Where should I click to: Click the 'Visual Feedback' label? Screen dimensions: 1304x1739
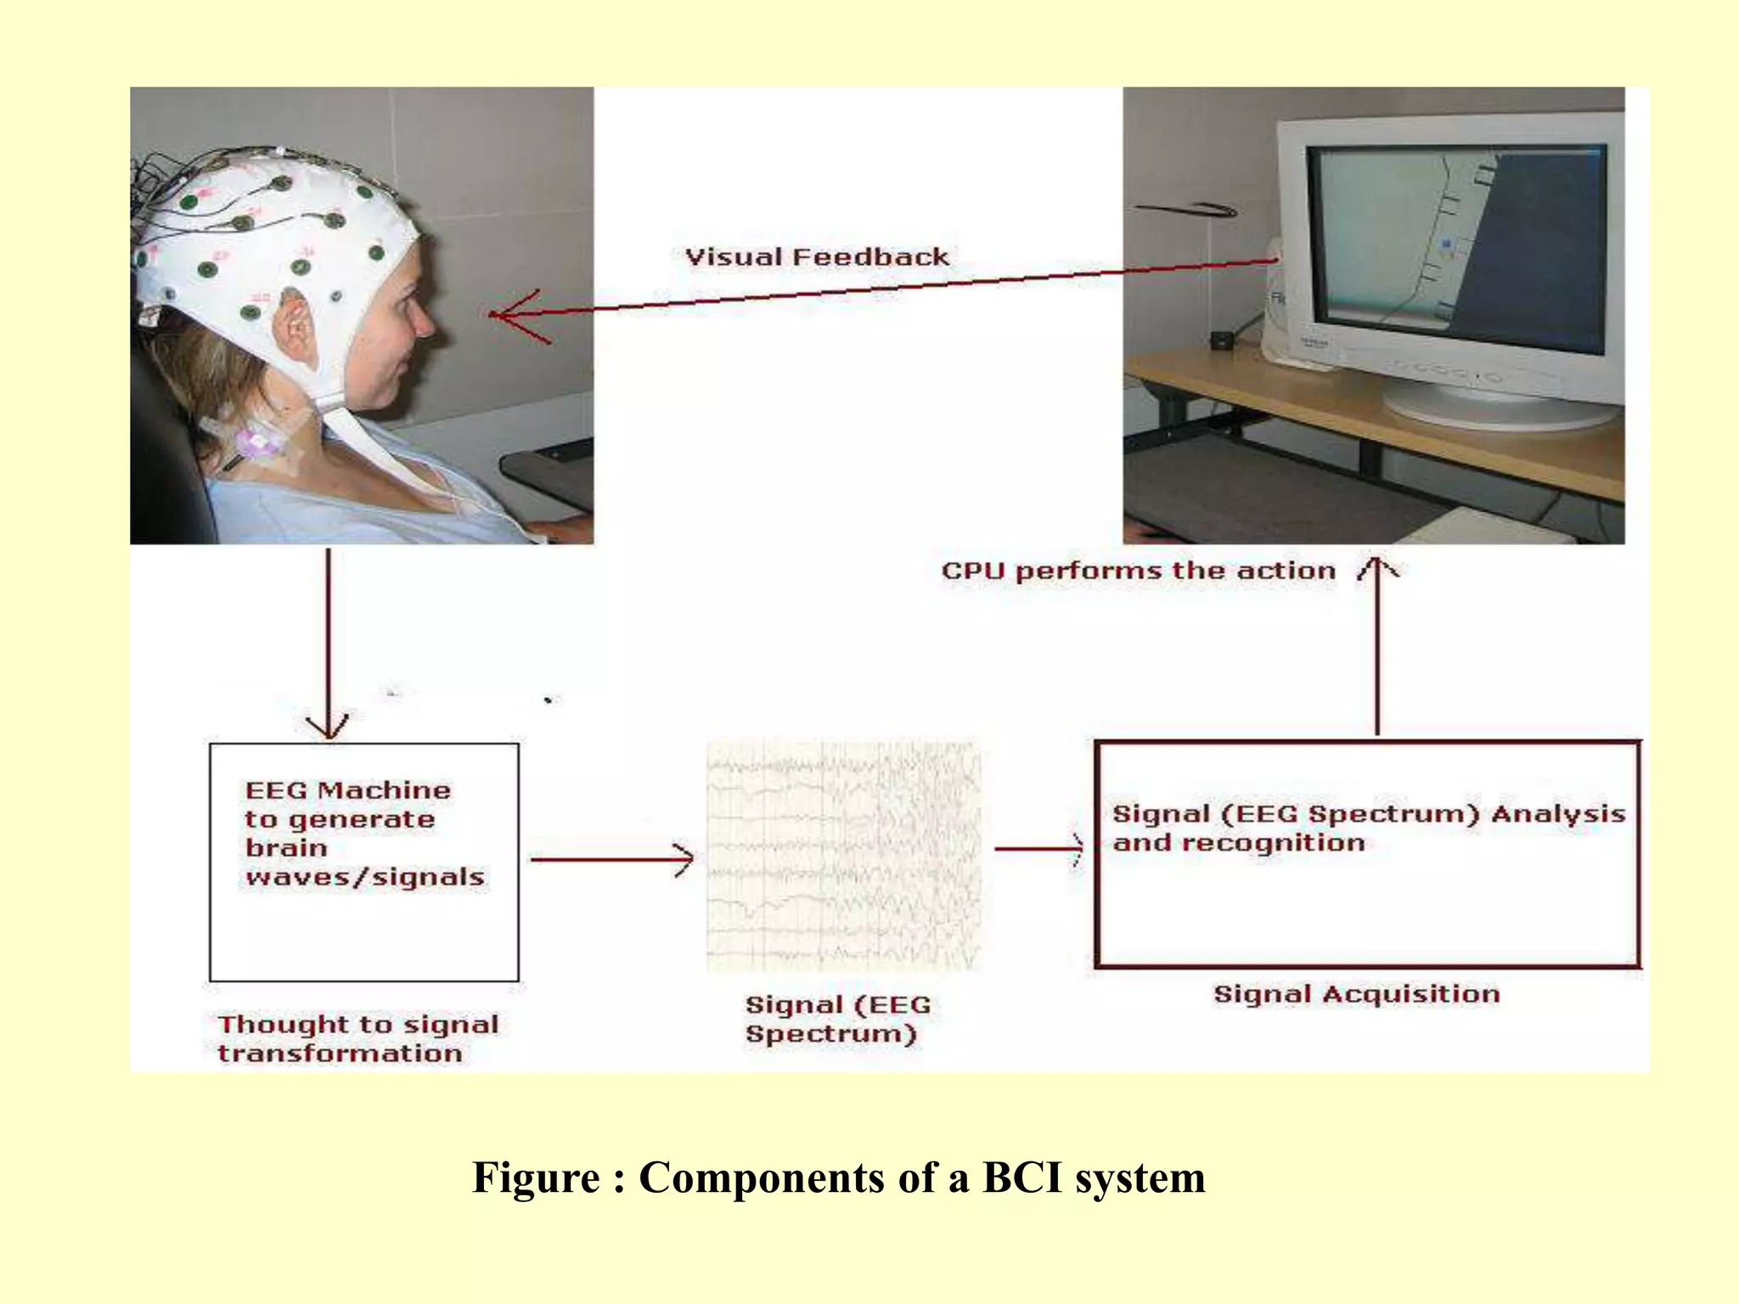(817, 257)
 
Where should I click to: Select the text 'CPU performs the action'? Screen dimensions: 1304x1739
(1139, 570)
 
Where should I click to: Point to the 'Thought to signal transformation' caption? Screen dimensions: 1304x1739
(357, 1038)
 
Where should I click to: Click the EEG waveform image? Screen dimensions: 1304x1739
(844, 857)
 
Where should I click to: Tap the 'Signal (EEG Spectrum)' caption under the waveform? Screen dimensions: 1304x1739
(837, 1019)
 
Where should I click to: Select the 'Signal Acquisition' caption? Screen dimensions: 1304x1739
(1356, 994)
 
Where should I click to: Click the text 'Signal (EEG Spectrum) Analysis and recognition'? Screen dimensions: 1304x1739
(1367, 829)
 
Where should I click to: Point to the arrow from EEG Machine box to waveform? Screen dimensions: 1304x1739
(611, 859)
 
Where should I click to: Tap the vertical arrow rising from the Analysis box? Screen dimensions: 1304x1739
(1376, 645)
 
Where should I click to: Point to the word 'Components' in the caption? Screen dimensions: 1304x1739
(761, 1178)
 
